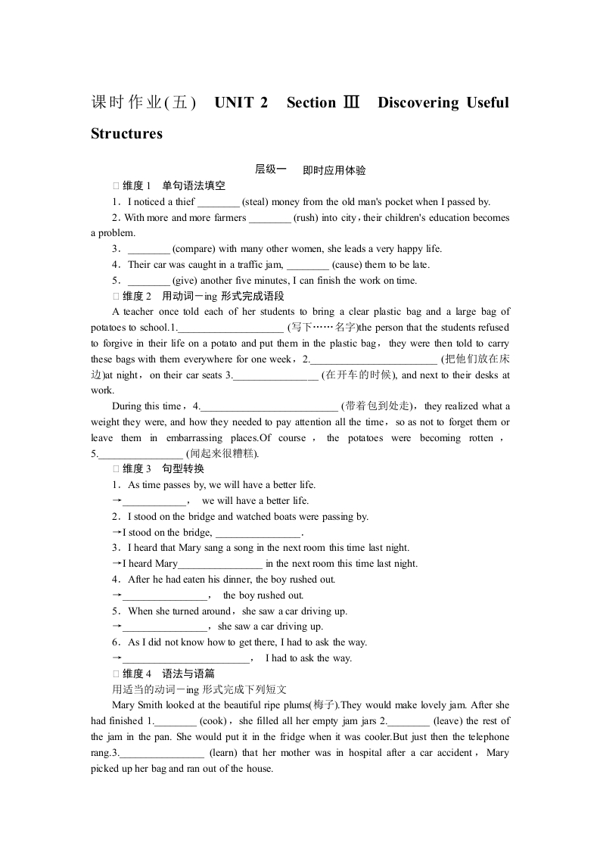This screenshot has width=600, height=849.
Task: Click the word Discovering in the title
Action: [418, 103]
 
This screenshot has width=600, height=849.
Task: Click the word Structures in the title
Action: [126, 134]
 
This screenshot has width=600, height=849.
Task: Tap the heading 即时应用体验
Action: [334, 170]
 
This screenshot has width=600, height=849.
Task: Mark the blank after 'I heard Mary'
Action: [220, 564]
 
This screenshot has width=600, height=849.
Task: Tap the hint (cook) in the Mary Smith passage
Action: [214, 721]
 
